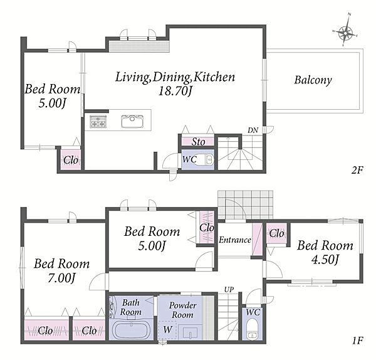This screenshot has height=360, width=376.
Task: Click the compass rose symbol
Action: (345, 32)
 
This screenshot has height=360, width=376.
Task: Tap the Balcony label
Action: (313, 80)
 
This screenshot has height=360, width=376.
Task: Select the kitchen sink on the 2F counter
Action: (132, 121)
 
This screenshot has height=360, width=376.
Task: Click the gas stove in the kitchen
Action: (98, 122)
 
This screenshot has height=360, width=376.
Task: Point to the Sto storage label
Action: (198, 142)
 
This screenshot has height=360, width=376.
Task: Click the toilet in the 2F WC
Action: (206, 159)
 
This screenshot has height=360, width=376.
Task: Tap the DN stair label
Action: (253, 130)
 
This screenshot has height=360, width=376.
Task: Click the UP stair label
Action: (229, 290)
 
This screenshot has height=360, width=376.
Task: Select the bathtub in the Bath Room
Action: (132, 331)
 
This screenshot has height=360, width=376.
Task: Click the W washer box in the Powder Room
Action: (167, 330)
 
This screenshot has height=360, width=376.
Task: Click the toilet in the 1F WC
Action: (252, 329)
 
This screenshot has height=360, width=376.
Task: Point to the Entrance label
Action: (235, 240)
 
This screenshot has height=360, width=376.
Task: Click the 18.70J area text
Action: (175, 91)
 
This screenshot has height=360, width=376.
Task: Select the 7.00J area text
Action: (61, 278)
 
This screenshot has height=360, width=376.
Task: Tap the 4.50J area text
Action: (325, 260)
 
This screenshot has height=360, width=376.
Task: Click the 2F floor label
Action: (357, 171)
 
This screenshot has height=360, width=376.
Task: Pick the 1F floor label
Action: (358, 341)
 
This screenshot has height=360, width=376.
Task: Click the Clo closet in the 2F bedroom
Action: (70, 160)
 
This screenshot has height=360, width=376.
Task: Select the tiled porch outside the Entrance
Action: (245, 204)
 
